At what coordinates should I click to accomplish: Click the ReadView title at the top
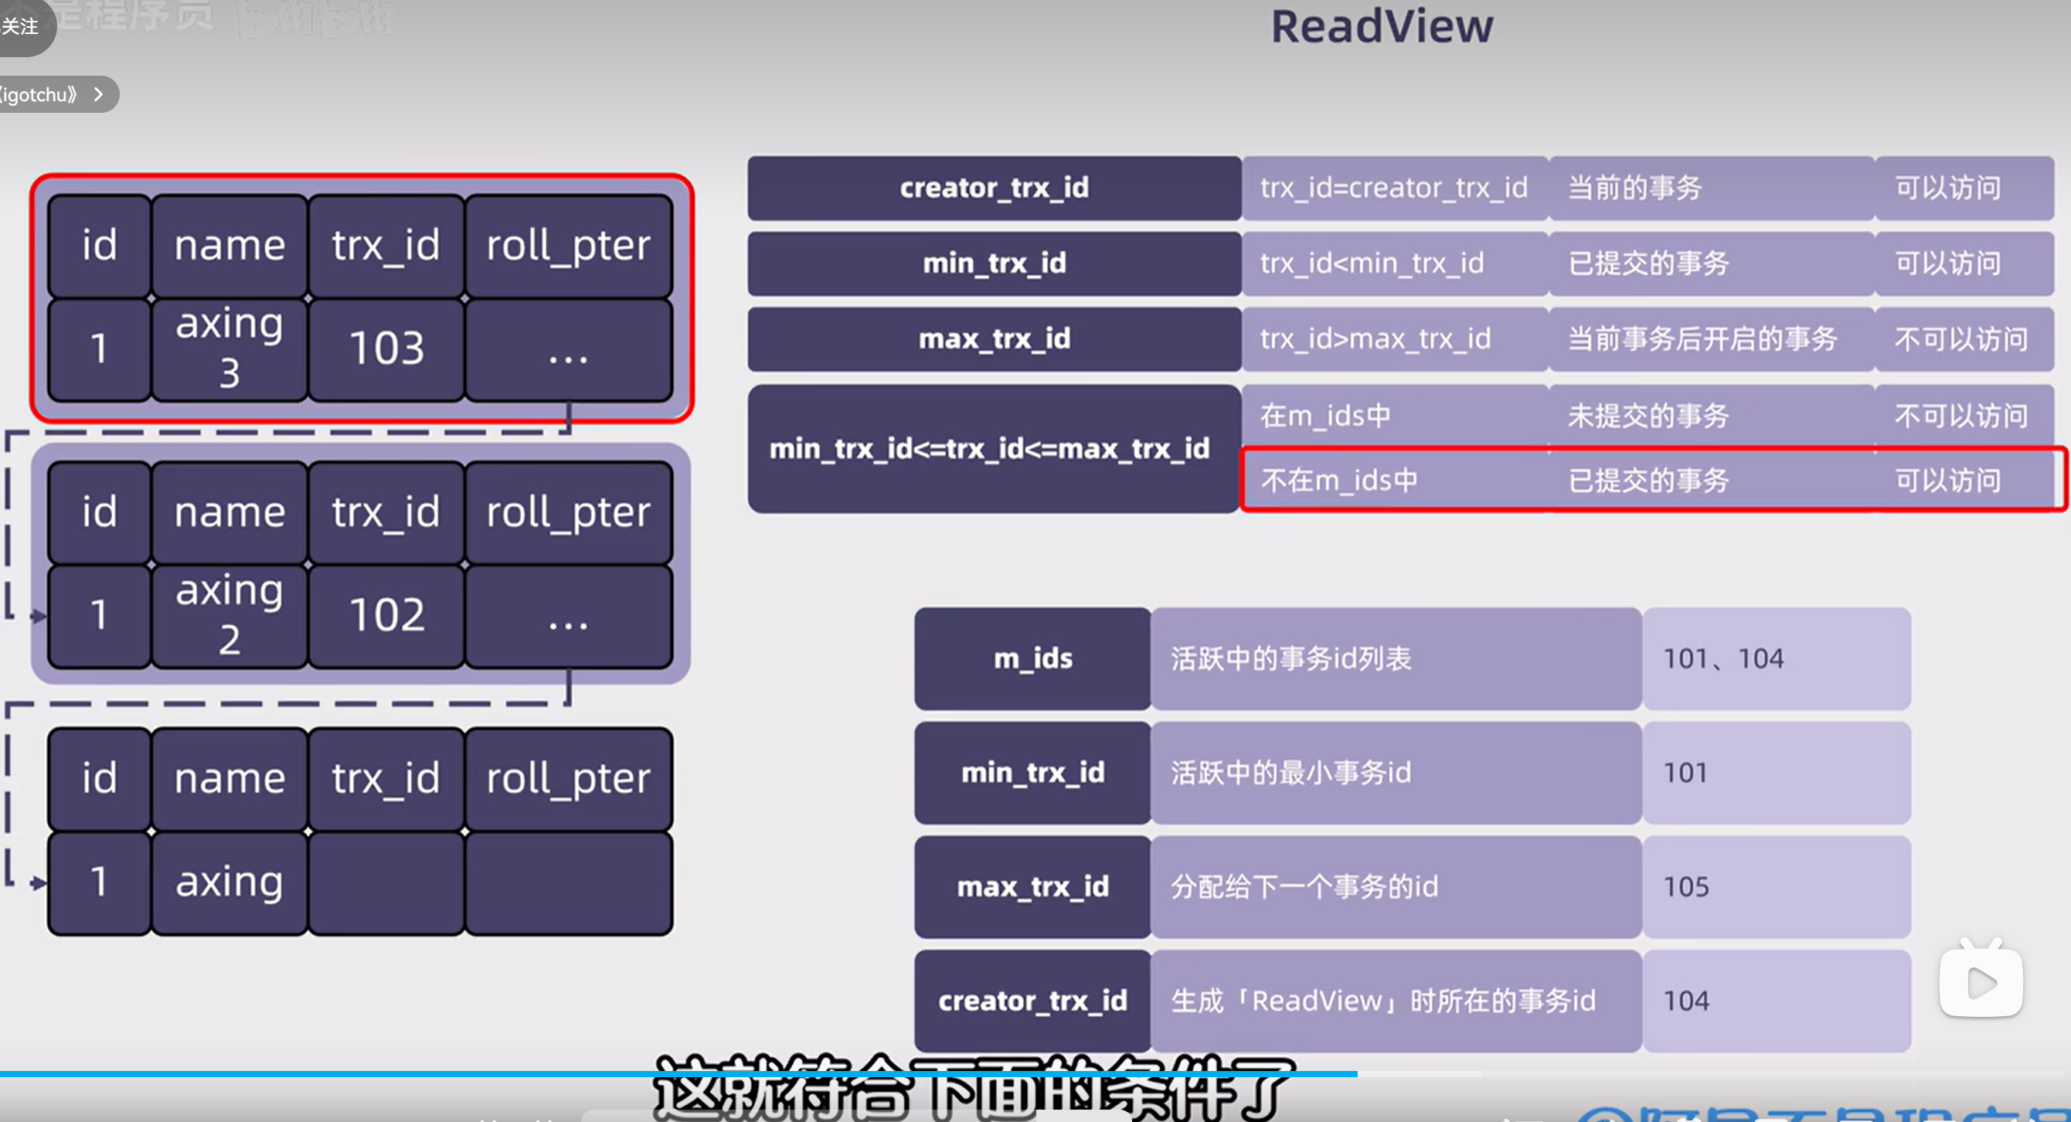point(1381,26)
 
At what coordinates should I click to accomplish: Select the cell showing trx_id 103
point(386,348)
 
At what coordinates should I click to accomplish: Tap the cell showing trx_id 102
point(386,616)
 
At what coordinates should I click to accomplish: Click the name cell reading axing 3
point(230,348)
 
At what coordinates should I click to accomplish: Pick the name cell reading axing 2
point(230,616)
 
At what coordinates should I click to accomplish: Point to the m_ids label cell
point(1032,659)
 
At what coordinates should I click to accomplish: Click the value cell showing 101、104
point(1723,659)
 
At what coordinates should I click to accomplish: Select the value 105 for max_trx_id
point(1686,886)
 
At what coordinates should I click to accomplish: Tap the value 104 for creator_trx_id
point(1686,1001)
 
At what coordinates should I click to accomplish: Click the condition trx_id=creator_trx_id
point(1393,188)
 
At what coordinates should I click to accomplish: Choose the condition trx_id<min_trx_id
point(1372,263)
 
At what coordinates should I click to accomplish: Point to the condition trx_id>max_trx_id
point(1375,339)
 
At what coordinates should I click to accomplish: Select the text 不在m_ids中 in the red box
point(1338,481)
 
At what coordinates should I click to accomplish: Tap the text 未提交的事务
point(1648,416)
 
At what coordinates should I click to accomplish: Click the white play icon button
point(1981,981)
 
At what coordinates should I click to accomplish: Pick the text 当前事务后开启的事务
point(1702,339)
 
